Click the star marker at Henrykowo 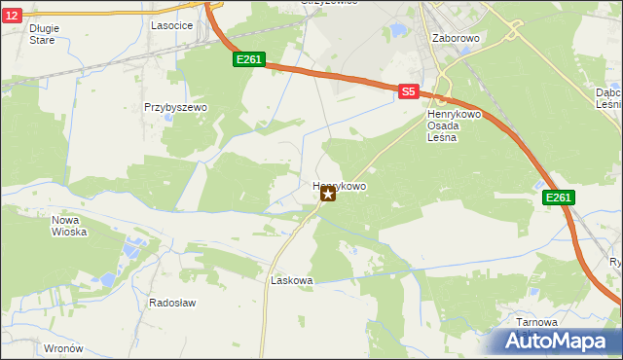(x=328, y=195)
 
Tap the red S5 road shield (x=408, y=91)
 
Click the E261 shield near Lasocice (x=248, y=60)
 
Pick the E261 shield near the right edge (x=558, y=198)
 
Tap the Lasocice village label (x=169, y=26)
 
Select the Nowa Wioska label (x=69, y=226)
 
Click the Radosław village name (x=172, y=303)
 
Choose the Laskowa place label (x=290, y=280)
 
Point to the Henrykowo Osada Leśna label (x=449, y=126)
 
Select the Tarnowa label (x=537, y=322)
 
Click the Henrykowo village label (x=340, y=184)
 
